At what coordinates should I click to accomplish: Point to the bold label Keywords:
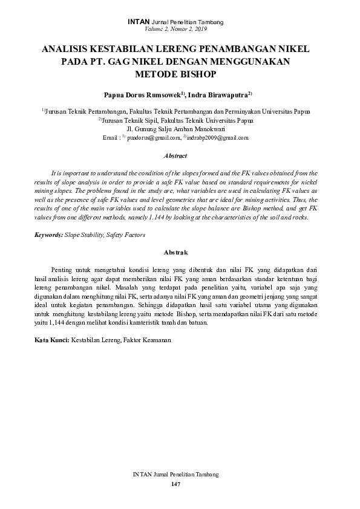(48, 233)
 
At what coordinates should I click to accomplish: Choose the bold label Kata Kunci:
(51, 340)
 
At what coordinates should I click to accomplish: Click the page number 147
(175, 485)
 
